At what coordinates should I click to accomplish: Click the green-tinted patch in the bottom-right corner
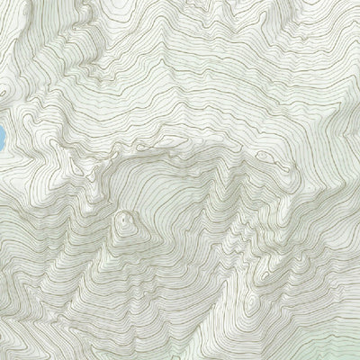coord(346,346)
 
